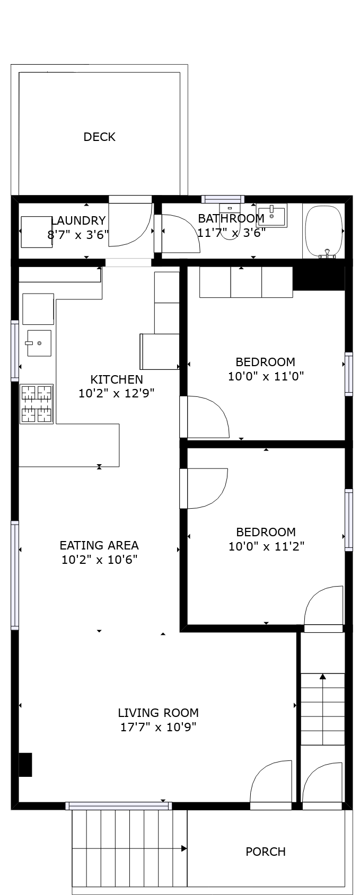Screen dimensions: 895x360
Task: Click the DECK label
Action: (99, 137)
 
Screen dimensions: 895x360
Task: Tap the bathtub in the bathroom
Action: (323, 231)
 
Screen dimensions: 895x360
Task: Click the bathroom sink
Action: (272, 216)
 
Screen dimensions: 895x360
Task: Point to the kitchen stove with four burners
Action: (37, 404)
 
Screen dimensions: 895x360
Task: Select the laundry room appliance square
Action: (37, 232)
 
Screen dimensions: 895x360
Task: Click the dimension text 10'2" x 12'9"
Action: (116, 393)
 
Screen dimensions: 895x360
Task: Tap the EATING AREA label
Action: (99, 545)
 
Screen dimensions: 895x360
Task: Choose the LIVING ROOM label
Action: (158, 713)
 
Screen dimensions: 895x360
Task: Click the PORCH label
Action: (266, 852)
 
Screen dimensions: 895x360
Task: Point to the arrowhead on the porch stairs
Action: (183, 848)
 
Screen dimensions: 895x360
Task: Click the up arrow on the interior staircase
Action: (322, 677)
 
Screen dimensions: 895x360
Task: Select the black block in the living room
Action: (25, 765)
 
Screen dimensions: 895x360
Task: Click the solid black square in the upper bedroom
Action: (319, 278)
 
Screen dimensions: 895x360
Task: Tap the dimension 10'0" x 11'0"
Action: (266, 376)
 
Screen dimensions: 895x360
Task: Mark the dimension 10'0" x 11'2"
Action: (266, 546)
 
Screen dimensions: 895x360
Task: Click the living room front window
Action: (119, 805)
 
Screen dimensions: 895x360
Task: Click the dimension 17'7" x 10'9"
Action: (158, 727)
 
